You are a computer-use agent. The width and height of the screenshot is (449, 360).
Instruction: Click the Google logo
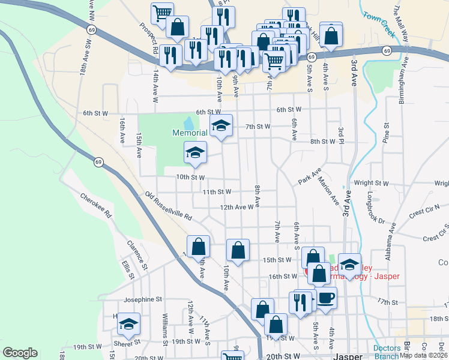[20, 353]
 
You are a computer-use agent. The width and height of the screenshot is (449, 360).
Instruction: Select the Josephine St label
[143, 299]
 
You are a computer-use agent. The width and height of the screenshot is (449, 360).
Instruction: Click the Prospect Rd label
[147, 40]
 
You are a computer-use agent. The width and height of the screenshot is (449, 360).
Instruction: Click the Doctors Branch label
[387, 352]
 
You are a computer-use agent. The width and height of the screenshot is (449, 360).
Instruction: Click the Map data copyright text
[421, 355]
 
